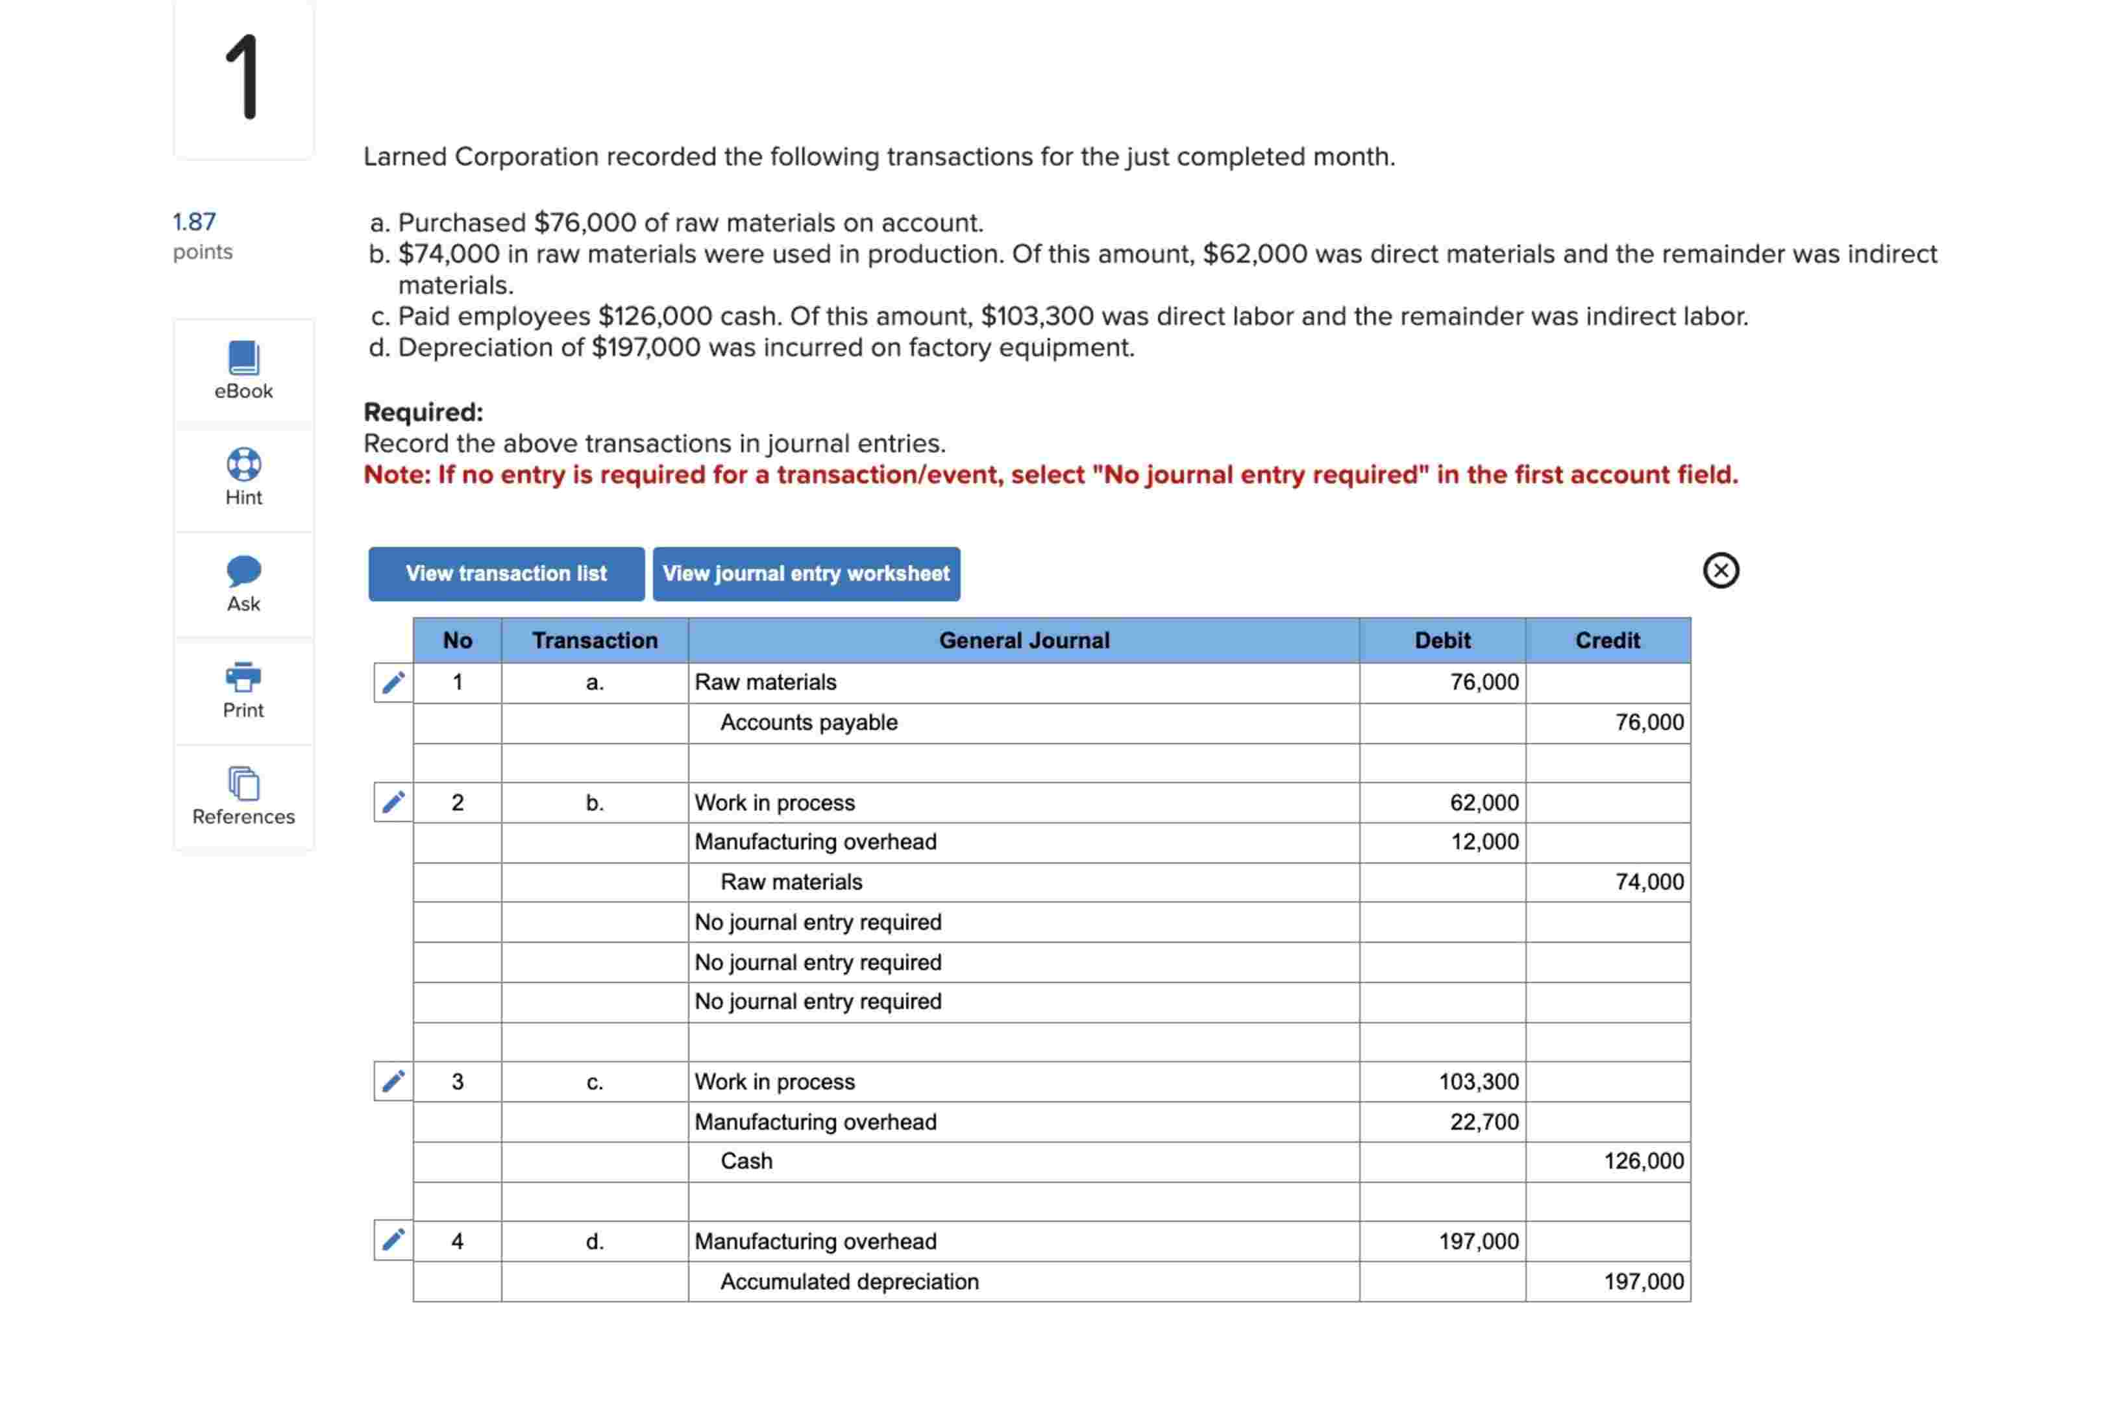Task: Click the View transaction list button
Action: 506,574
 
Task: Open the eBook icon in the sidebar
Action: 243,358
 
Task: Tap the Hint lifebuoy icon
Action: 243,465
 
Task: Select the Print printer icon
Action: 243,677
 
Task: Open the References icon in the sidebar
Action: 243,784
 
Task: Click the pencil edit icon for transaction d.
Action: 393,1240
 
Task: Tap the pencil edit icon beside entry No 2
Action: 393,801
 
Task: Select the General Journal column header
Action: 1023,640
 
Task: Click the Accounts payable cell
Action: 808,722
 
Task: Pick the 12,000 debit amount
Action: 1484,842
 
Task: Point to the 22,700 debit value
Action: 1484,1121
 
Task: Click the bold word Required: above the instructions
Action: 423,413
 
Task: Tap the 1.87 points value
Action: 194,222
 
